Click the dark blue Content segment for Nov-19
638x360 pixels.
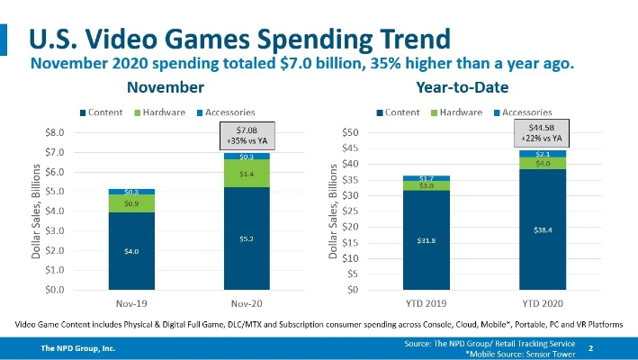tap(131, 251)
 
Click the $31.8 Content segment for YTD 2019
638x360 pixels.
tap(426, 240)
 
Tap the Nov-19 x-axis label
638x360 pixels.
tap(131, 303)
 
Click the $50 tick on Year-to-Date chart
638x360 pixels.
tap(350, 132)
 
